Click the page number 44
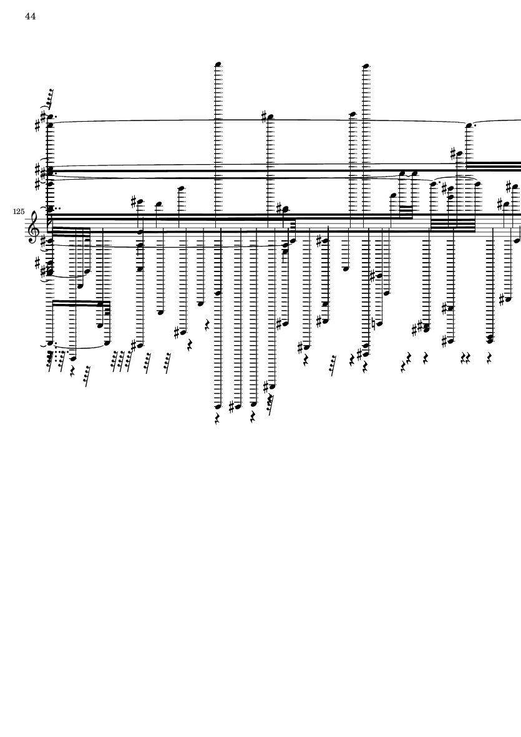pos(31,16)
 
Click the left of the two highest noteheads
pos(218,64)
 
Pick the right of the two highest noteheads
pos(366,65)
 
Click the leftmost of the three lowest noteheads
pos(218,406)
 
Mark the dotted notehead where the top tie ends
pos(469,125)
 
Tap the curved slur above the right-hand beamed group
pos(455,182)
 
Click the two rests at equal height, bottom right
pos(465,358)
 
